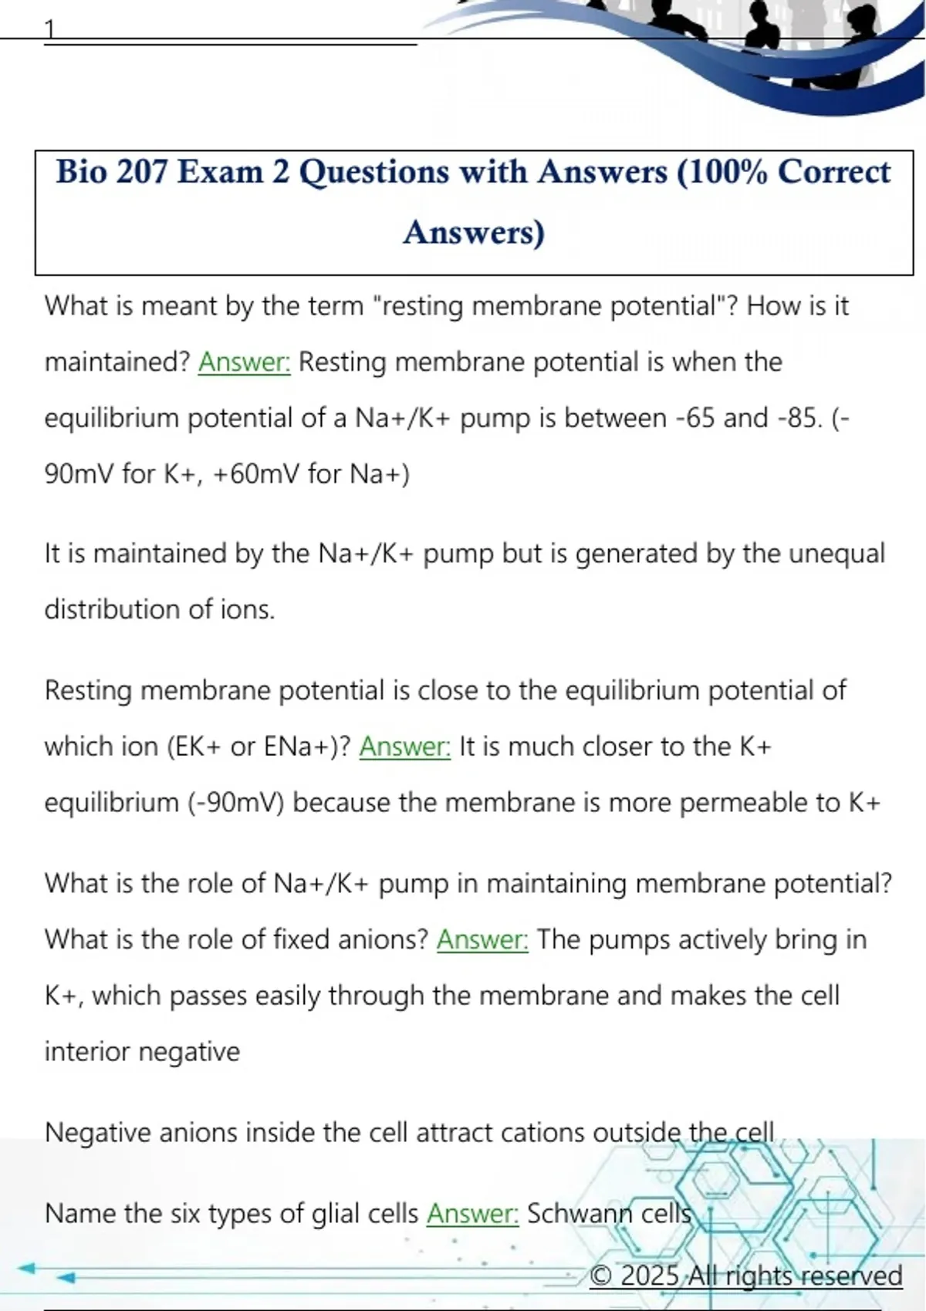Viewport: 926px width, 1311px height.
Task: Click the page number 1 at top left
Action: coord(49,29)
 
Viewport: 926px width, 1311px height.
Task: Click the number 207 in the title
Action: coord(141,172)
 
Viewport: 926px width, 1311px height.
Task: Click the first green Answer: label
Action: coord(245,362)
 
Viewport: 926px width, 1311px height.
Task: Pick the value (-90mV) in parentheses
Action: coord(236,803)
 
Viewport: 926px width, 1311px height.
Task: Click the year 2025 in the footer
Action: coord(650,1276)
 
